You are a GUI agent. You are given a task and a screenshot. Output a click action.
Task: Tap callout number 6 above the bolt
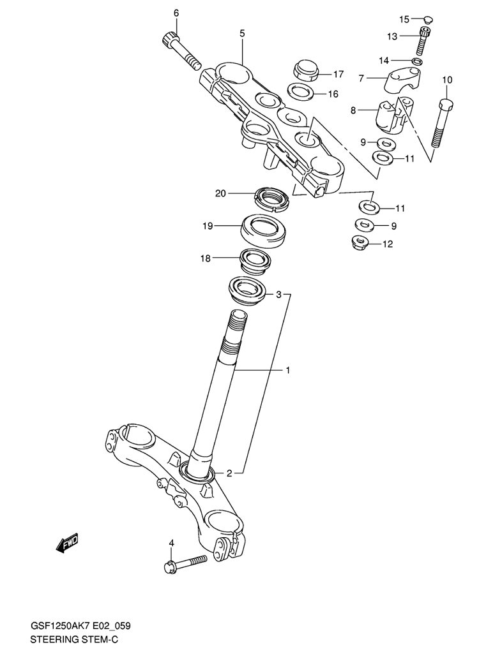pos(176,13)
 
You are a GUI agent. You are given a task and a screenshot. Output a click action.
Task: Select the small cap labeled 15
pos(429,19)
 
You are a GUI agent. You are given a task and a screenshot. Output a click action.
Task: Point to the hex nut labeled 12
pos(360,242)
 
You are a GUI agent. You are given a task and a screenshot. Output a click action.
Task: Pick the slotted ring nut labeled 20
pos(272,198)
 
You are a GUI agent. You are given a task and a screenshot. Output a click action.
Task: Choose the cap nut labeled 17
pos(306,71)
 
